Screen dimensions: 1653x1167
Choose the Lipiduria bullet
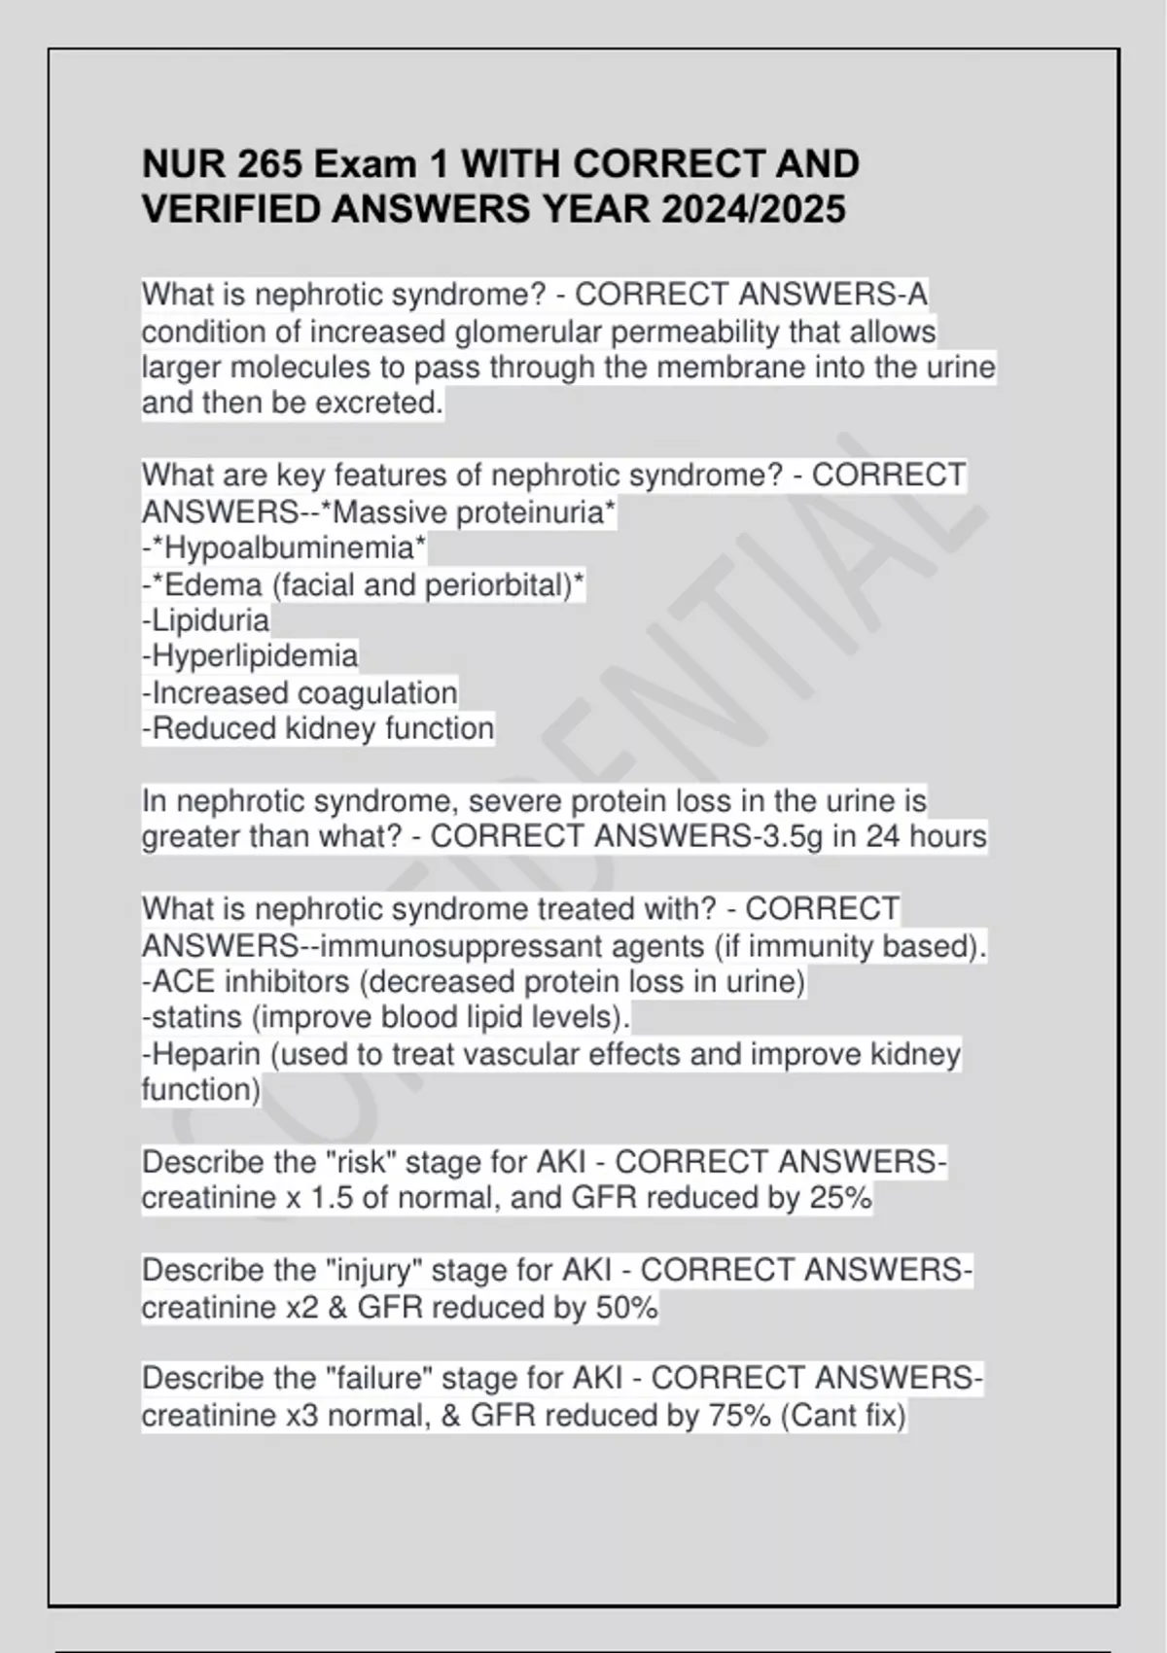tap(206, 620)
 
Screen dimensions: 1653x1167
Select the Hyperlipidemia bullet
tap(250, 656)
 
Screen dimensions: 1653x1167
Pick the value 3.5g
tap(790, 836)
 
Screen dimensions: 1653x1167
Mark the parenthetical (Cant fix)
tap(842, 1416)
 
